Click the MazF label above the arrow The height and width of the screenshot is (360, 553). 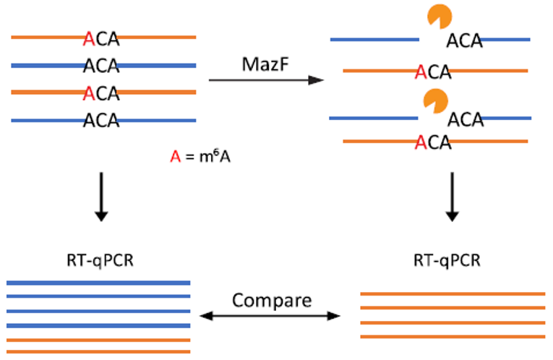(265, 64)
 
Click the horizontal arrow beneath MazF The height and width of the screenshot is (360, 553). (266, 80)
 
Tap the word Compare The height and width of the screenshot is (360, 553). (272, 301)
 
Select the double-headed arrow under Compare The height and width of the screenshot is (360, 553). (270, 316)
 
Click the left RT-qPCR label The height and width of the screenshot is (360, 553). (100, 261)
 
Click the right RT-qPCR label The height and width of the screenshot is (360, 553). (447, 261)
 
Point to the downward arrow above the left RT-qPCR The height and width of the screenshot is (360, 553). (102, 197)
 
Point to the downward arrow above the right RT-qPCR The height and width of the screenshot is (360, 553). (452, 197)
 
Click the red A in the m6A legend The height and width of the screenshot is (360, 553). (175, 157)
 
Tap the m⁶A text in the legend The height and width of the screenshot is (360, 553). (215, 156)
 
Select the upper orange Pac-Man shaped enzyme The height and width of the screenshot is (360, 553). (440, 16)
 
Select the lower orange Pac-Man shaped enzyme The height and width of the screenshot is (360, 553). (436, 101)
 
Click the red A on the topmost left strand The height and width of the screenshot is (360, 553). (89, 39)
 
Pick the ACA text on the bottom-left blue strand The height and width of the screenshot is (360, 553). (101, 121)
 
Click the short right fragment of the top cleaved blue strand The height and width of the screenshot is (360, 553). (505, 40)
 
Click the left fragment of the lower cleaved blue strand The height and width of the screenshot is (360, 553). (374, 118)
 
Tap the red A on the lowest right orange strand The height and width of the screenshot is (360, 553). (421, 143)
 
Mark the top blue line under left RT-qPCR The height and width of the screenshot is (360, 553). (98, 283)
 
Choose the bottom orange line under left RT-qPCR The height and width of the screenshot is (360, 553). (98, 351)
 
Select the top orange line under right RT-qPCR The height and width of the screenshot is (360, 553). (453, 293)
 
